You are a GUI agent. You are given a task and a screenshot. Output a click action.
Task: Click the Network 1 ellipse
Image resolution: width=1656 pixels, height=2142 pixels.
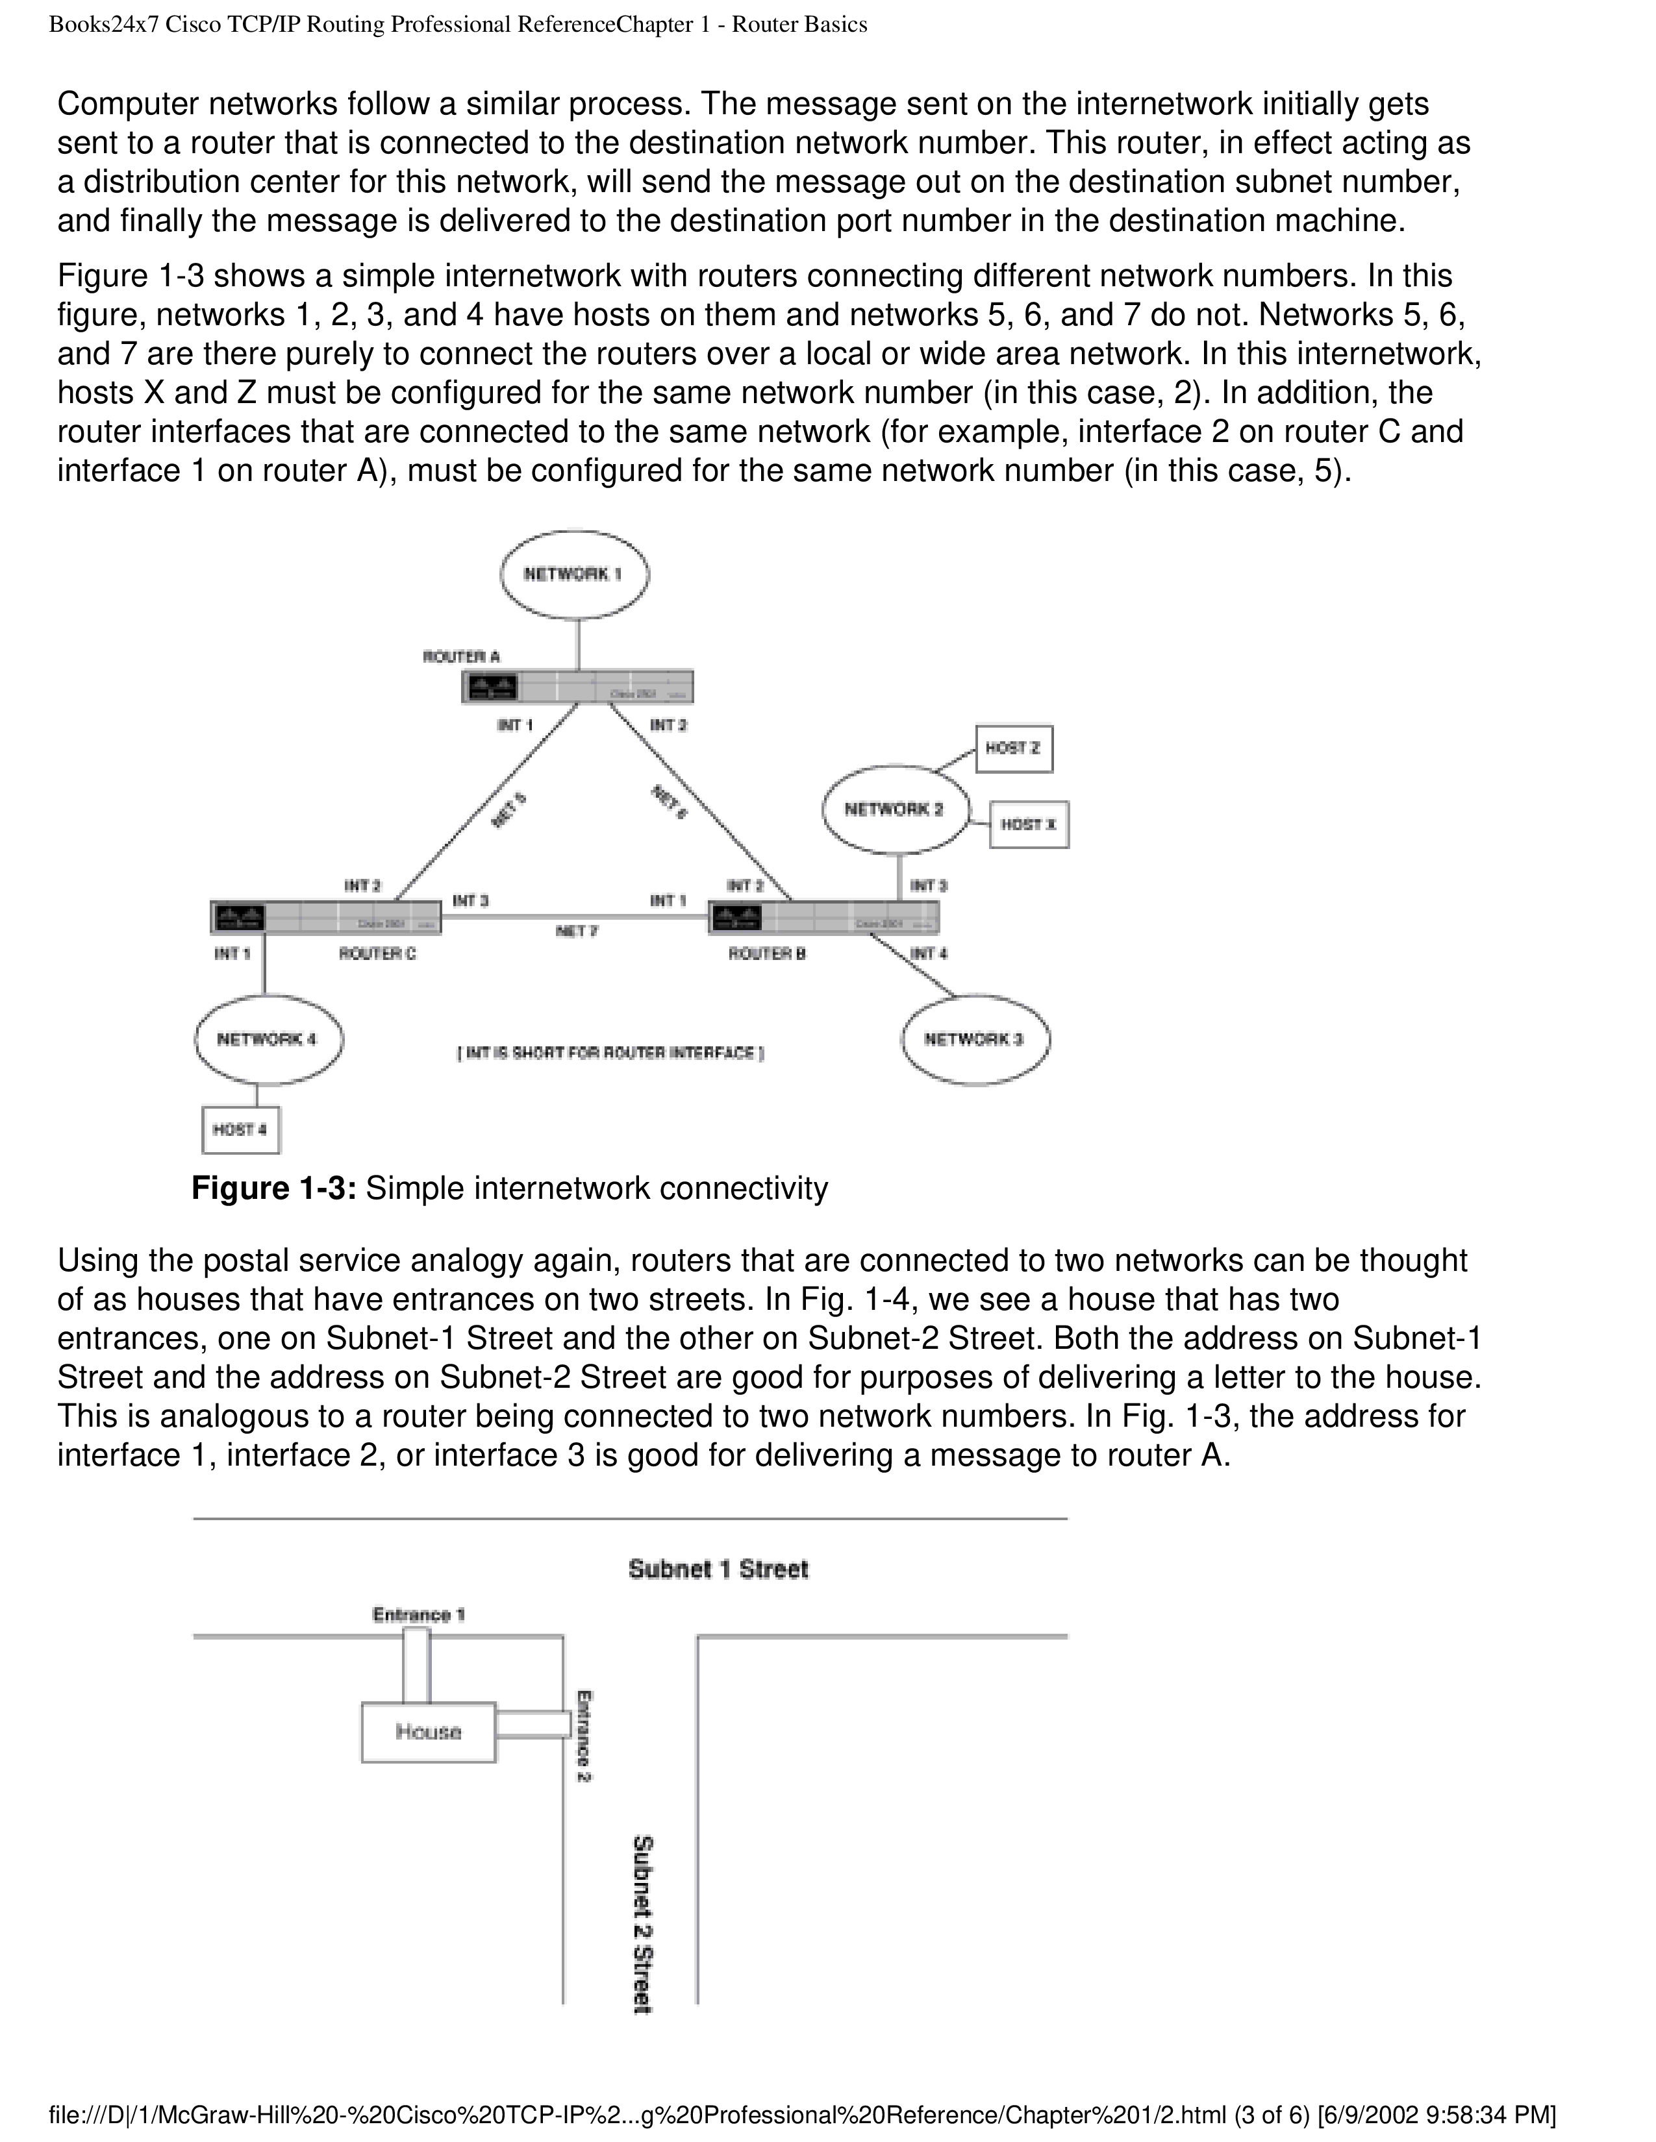pos(574,574)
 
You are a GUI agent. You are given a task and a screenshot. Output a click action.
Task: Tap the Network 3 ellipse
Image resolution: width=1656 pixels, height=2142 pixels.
pos(975,1040)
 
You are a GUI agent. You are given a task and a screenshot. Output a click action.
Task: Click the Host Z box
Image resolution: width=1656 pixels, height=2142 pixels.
pos(1014,748)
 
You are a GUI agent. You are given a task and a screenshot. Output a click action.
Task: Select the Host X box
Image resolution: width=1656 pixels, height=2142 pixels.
pos(1028,825)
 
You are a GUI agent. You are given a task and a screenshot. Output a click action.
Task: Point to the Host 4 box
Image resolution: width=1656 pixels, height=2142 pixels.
pos(240,1130)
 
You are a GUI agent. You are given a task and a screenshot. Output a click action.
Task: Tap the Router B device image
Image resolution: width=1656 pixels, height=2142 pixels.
pos(823,917)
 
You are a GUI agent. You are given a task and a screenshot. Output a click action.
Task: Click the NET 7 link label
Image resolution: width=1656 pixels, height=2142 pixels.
pos(576,931)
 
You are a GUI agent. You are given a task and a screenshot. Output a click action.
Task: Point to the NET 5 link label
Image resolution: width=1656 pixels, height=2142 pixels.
pos(508,810)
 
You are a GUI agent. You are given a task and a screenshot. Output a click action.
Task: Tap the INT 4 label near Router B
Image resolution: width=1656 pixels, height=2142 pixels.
pos(928,954)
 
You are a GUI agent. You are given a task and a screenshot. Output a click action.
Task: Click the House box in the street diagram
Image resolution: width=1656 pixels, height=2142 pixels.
pos(429,1732)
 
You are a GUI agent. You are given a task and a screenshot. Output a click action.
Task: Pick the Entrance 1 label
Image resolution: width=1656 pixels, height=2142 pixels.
pos(419,1614)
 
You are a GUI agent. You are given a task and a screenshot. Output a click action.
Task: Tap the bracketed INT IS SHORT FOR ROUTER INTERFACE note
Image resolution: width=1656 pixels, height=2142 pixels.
pos(610,1053)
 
